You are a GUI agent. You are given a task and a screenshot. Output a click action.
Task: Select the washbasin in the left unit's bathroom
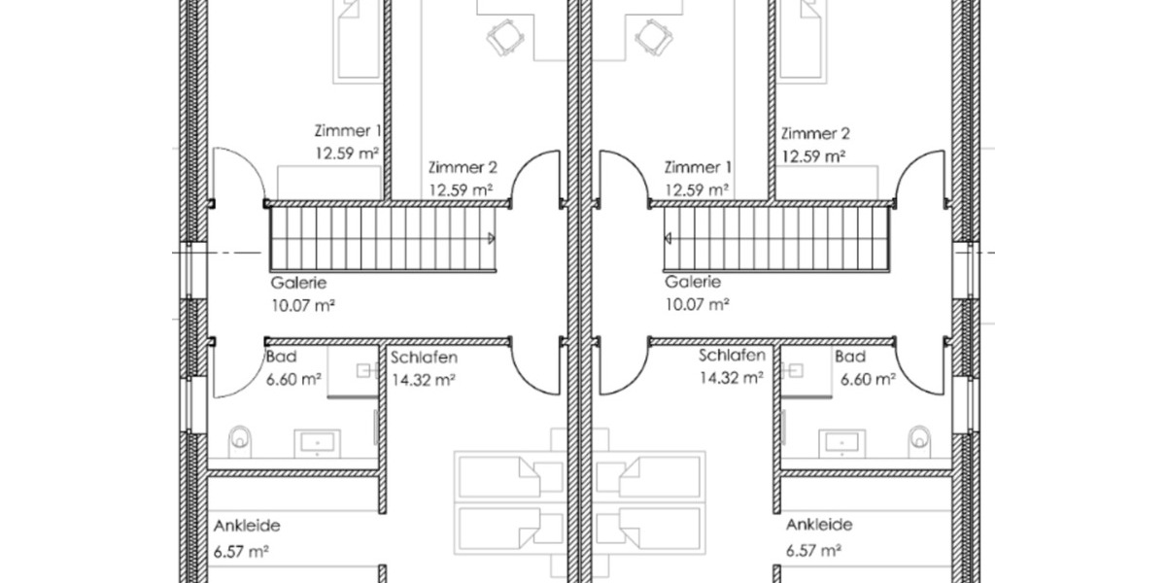pyautogui.click(x=317, y=443)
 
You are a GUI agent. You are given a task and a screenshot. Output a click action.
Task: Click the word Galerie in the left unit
pyautogui.click(x=299, y=283)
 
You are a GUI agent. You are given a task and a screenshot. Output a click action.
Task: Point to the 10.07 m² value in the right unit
pyautogui.click(x=697, y=304)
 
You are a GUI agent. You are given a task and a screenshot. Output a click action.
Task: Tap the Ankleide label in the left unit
pyautogui.click(x=247, y=526)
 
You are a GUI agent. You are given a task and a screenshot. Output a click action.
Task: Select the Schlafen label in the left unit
pyautogui.click(x=424, y=358)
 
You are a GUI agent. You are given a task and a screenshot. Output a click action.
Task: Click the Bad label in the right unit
pyautogui.click(x=848, y=358)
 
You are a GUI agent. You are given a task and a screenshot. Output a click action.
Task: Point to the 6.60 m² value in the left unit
pyautogui.click(x=293, y=380)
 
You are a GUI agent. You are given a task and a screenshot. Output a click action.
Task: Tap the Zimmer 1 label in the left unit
pyautogui.click(x=347, y=130)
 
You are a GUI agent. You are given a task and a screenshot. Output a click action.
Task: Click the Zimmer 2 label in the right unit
pyautogui.click(x=815, y=133)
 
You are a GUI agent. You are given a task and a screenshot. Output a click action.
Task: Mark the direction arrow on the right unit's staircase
pyautogui.click(x=669, y=237)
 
